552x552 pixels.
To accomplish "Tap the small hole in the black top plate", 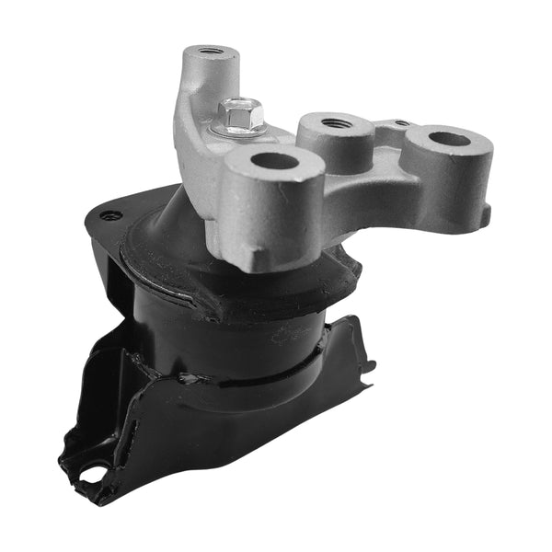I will tap(112, 215).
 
